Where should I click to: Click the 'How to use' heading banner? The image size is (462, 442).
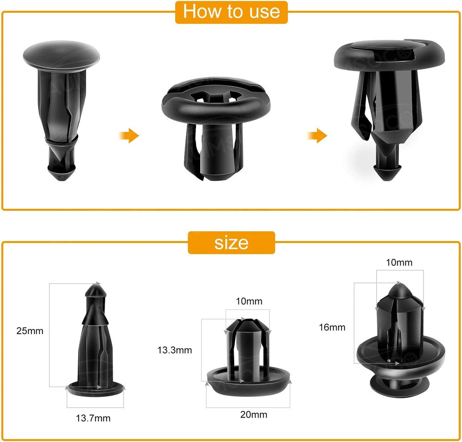(231, 12)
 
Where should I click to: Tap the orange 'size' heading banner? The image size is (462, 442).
(231, 243)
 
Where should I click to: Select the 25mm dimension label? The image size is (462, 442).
(30, 331)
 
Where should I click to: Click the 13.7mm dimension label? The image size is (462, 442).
(93, 418)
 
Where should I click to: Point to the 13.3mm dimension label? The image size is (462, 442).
(175, 350)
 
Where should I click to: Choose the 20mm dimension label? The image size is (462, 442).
(254, 414)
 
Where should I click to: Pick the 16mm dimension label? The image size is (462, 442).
(332, 327)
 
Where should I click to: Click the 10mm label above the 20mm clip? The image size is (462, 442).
(249, 301)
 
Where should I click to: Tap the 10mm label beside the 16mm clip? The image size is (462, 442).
(399, 262)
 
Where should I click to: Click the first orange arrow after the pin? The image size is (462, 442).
(129, 136)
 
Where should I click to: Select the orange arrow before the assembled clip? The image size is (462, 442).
(317, 136)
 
